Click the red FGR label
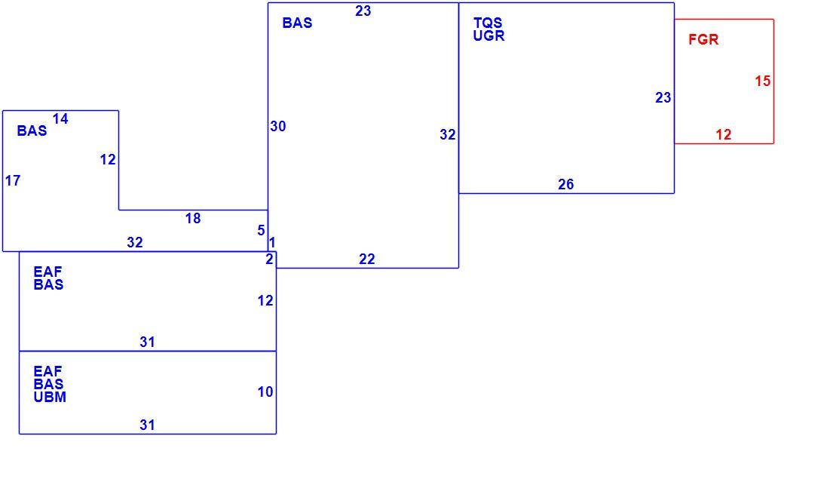click(703, 39)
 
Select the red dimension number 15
click(762, 81)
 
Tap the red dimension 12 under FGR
click(723, 134)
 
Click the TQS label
click(487, 23)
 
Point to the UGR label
click(489, 35)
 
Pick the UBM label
click(50, 397)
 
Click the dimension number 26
click(565, 185)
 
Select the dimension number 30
click(278, 127)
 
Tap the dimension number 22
click(366, 259)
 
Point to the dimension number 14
click(60, 118)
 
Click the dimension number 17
click(13, 181)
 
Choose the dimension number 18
click(192, 219)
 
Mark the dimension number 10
click(265, 392)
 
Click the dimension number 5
click(261, 231)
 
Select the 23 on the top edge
click(363, 11)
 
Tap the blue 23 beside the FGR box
click(663, 97)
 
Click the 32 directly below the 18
click(134, 242)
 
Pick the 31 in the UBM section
click(147, 425)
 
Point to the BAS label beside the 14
click(32, 130)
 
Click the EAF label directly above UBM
click(47, 371)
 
